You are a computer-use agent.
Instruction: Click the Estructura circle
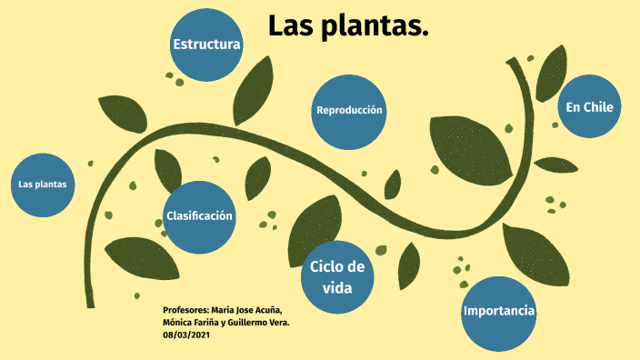[x=206, y=45]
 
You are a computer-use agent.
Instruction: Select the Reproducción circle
[x=349, y=111]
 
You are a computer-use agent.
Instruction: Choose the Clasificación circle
[x=199, y=216]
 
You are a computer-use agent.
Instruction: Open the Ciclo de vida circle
[x=337, y=276]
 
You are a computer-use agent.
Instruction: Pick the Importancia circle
[x=499, y=312]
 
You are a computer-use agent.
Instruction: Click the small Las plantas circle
[x=43, y=185]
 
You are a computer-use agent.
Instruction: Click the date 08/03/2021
[x=186, y=335]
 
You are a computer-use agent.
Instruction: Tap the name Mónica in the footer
[x=179, y=323]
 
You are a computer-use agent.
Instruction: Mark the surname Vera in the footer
[x=278, y=323]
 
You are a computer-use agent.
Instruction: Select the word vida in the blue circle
[x=336, y=288]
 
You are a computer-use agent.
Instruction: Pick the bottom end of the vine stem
[x=89, y=304]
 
